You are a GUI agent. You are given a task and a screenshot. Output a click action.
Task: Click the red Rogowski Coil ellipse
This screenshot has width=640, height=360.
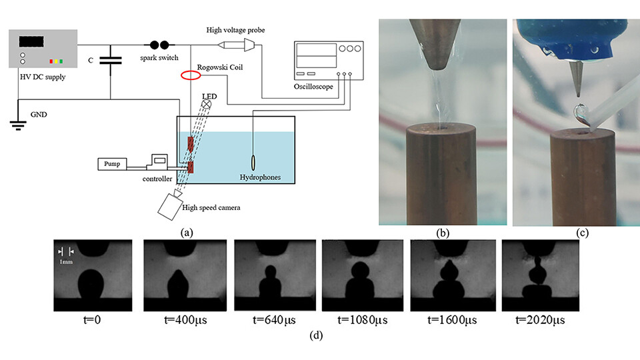(191, 75)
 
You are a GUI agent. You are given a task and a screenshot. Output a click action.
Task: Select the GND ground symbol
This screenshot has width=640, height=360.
(17, 124)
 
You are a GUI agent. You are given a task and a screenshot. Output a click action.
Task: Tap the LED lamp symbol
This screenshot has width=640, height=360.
(207, 103)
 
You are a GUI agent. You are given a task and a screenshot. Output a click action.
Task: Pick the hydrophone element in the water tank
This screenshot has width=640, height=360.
(253, 163)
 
